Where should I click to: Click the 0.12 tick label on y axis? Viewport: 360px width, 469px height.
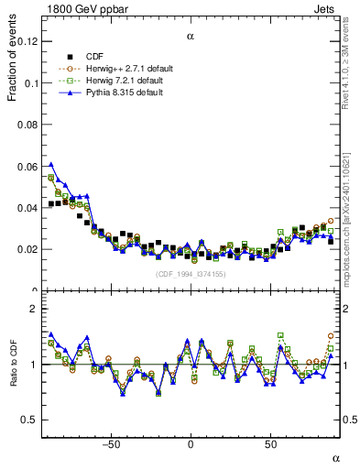pos(27,41)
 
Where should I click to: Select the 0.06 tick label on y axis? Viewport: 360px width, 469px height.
pos(27,166)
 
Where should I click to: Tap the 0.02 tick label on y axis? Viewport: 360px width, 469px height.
pos(27,249)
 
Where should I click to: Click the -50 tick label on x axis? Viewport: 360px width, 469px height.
pos(111,444)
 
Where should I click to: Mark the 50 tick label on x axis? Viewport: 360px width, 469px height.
pos(270,444)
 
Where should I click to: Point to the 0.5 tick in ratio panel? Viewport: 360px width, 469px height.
pos(29,420)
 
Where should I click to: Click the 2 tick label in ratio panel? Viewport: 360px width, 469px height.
pos(33,310)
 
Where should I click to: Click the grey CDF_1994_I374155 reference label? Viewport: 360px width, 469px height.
pos(190,274)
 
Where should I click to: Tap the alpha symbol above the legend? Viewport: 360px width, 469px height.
pos(191,38)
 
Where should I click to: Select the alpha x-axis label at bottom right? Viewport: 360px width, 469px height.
pos(334,457)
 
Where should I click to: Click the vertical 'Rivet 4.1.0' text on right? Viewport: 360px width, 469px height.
pos(352,73)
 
